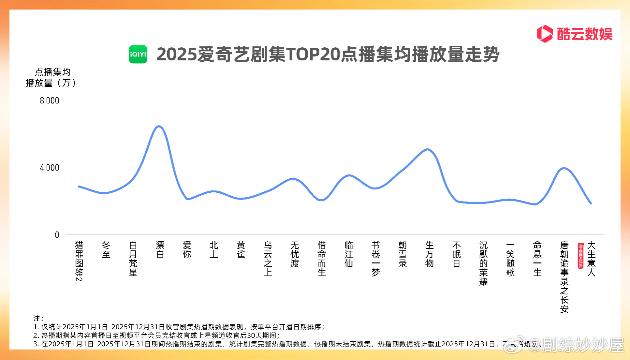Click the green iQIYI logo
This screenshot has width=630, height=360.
[138, 54]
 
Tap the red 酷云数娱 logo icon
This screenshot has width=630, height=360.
[545, 34]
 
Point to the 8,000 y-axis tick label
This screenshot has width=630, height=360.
[49, 101]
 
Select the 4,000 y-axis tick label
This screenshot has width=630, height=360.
[49, 168]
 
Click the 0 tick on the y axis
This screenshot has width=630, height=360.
[57, 235]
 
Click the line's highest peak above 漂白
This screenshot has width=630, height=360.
[159, 126]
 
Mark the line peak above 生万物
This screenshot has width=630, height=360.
[428, 149]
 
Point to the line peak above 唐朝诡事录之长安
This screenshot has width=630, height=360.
[563, 168]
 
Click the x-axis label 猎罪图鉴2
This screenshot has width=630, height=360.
[79, 261]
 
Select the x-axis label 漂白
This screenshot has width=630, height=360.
[160, 250]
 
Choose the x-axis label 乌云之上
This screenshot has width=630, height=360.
[268, 259]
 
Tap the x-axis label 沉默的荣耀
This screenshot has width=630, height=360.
[483, 263]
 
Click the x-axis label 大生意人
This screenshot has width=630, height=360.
[591, 259]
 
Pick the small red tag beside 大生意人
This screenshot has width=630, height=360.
[581, 256]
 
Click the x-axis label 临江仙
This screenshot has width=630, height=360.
[348, 254]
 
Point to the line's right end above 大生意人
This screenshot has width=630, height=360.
[591, 203]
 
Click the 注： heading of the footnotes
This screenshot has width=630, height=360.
[38, 318]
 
